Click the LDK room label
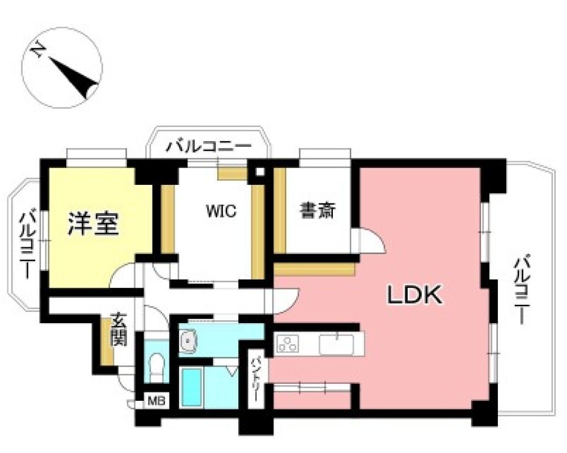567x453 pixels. tap(414, 295)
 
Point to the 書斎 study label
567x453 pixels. tap(318, 211)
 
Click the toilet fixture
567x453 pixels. tap(155, 366)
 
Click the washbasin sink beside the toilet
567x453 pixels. tap(188, 340)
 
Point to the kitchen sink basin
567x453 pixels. tap(336, 344)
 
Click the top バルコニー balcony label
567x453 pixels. tap(208, 147)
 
